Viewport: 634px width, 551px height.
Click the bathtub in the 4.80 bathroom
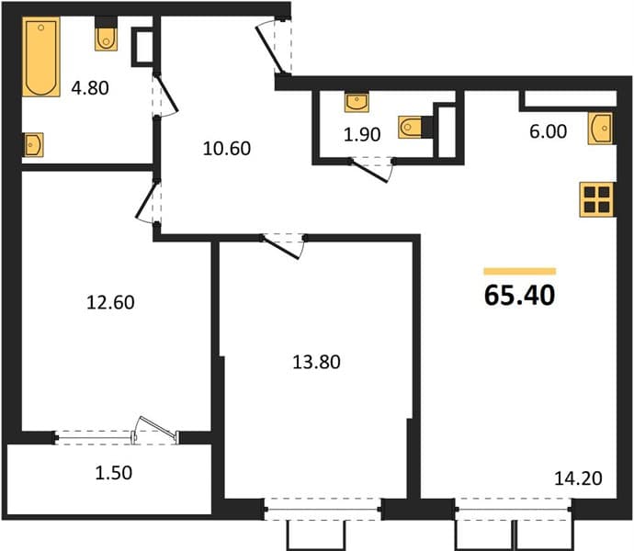(x=41, y=57)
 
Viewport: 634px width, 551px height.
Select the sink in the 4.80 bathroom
(x=33, y=145)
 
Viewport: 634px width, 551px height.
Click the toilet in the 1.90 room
(x=411, y=127)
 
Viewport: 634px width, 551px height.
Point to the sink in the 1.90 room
(x=357, y=103)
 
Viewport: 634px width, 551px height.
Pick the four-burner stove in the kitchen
(x=597, y=199)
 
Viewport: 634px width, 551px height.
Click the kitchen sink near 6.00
(x=600, y=129)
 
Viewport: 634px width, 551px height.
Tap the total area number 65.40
(x=519, y=296)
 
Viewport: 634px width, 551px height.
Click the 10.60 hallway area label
(x=227, y=149)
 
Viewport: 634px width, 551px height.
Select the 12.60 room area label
(x=110, y=302)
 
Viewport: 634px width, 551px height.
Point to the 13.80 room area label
(x=316, y=362)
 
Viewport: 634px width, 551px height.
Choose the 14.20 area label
(x=578, y=478)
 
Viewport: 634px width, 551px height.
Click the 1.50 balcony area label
(x=114, y=473)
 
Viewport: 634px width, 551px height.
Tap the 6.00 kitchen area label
(x=549, y=132)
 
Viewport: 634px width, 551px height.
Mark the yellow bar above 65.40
(x=520, y=271)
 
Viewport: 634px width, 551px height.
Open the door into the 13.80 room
(x=282, y=246)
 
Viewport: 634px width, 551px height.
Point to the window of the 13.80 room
(x=323, y=510)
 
